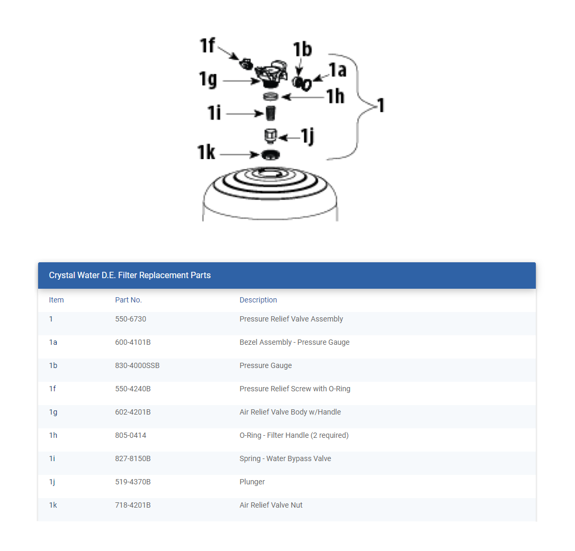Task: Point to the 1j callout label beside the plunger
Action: pos(307,136)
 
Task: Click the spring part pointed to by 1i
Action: pos(271,113)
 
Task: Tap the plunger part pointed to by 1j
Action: pos(271,136)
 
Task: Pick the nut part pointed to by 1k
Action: pos(270,154)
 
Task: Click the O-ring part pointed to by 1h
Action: pos(271,96)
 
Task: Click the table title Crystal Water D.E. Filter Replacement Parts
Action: pos(130,275)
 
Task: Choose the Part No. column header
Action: pos(128,300)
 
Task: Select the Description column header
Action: pos(258,300)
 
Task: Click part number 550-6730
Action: pos(130,319)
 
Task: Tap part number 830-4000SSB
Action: pos(137,365)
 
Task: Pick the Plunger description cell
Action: pos(252,482)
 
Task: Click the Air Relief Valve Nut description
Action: pos(271,505)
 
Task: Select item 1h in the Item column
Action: pos(52,435)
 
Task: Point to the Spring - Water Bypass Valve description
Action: pos(285,458)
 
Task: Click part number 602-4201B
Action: pos(133,412)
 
